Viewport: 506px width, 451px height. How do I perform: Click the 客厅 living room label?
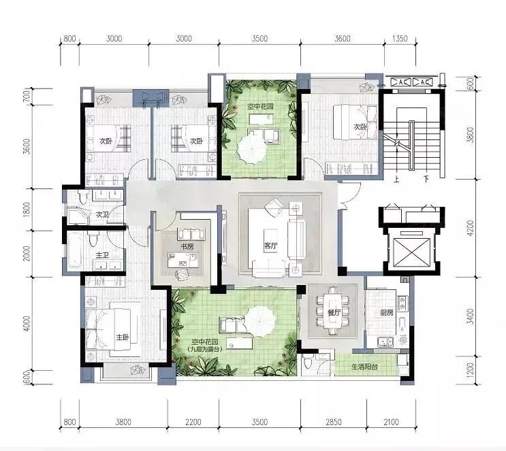270,246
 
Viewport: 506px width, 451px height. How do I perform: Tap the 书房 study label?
187,247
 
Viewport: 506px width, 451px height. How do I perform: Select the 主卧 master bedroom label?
123,337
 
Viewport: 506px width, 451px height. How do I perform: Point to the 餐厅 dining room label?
334,312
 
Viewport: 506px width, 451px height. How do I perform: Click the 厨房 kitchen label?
386,312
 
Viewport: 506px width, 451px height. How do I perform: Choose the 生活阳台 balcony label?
364,367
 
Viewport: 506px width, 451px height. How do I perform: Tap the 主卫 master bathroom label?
102,255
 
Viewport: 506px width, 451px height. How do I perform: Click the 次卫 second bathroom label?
102,214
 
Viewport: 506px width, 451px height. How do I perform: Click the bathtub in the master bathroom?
74,250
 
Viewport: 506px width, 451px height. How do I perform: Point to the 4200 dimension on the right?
471,228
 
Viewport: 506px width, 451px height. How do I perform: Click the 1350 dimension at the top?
400,39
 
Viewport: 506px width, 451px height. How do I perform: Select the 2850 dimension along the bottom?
333,422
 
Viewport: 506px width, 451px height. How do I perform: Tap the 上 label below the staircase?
396,178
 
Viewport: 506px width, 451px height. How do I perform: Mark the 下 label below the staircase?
426,178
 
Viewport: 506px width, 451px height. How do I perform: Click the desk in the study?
183,260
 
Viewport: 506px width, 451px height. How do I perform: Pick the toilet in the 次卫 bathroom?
84,197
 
